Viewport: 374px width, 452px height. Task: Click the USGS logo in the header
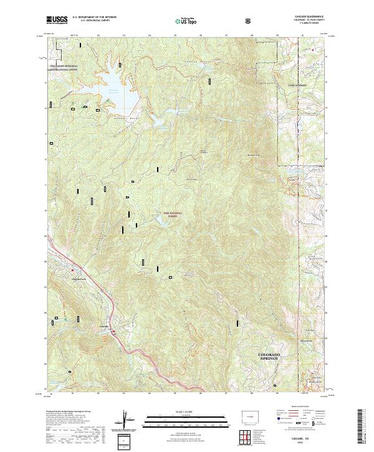pos(57,21)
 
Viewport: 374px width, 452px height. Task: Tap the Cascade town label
pos(104,325)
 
